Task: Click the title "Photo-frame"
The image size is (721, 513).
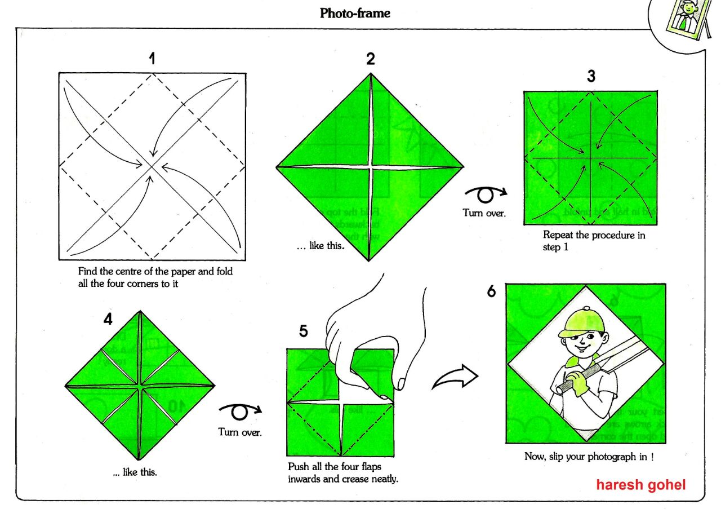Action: pyautogui.click(x=355, y=13)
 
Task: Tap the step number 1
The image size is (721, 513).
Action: pyautogui.click(x=152, y=59)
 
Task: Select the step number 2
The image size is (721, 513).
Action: pyautogui.click(x=370, y=59)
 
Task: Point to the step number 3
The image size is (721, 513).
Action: pyautogui.click(x=591, y=76)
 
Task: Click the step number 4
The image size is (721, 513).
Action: pyautogui.click(x=108, y=319)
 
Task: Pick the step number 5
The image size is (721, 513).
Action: pyautogui.click(x=304, y=331)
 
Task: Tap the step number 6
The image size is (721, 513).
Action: pyautogui.click(x=492, y=292)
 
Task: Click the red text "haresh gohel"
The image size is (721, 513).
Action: pyautogui.click(x=641, y=484)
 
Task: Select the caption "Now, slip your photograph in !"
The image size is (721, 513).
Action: pyautogui.click(x=589, y=457)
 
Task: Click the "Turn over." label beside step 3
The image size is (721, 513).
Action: pyautogui.click(x=484, y=213)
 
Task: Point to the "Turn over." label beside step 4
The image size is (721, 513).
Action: pyautogui.click(x=240, y=432)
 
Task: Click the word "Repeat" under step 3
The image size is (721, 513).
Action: pyautogui.click(x=558, y=236)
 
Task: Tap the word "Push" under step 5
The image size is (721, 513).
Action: pyautogui.click(x=298, y=467)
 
